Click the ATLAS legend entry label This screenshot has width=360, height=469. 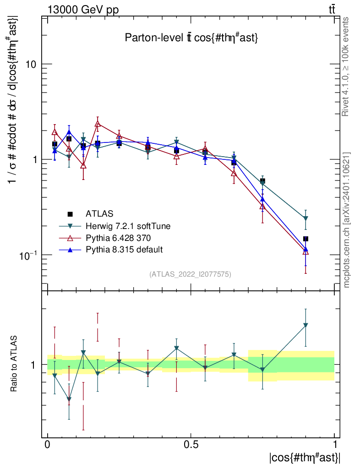99,214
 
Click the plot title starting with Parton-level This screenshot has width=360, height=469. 191,38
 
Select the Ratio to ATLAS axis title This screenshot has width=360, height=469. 14,364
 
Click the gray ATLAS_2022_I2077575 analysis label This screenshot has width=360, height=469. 190,274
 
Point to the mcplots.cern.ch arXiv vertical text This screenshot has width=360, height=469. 347,220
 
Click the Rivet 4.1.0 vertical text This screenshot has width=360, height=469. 346,66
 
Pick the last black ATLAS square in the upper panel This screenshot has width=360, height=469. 305,239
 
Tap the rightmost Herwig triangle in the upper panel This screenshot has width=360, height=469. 305,218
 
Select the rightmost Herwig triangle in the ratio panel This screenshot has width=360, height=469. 305,325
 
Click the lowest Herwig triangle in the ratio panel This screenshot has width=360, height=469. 69,399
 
